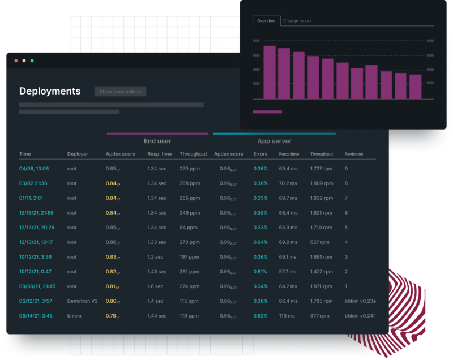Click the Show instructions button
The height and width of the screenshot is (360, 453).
pyautogui.click(x=120, y=92)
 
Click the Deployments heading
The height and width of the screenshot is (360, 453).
pyautogui.click(x=50, y=91)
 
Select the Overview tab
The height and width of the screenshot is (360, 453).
pyautogui.click(x=266, y=21)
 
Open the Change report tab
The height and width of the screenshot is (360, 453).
pyautogui.click(x=297, y=21)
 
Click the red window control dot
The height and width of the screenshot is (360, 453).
pyautogui.click(x=16, y=61)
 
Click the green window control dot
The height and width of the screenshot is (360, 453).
pyautogui.click(x=32, y=61)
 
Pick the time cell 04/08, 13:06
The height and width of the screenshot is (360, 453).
pyautogui.click(x=34, y=169)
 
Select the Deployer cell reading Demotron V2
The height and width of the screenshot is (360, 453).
pyautogui.click(x=82, y=301)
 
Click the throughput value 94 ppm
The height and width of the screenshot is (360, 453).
pyautogui.click(x=188, y=228)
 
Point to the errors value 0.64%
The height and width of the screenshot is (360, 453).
pyautogui.click(x=260, y=242)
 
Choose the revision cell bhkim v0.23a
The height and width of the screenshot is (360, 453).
pyautogui.click(x=360, y=301)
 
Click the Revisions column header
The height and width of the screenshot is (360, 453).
pyautogui.click(x=354, y=154)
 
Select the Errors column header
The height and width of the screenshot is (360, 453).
pyautogui.click(x=260, y=154)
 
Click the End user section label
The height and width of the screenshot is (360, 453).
pyautogui.click(x=157, y=141)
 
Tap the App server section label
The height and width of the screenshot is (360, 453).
pyautogui.click(x=274, y=141)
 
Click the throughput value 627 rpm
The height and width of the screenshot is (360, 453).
pyautogui.click(x=320, y=242)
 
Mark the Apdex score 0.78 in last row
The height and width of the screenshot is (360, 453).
pyautogui.click(x=113, y=316)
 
